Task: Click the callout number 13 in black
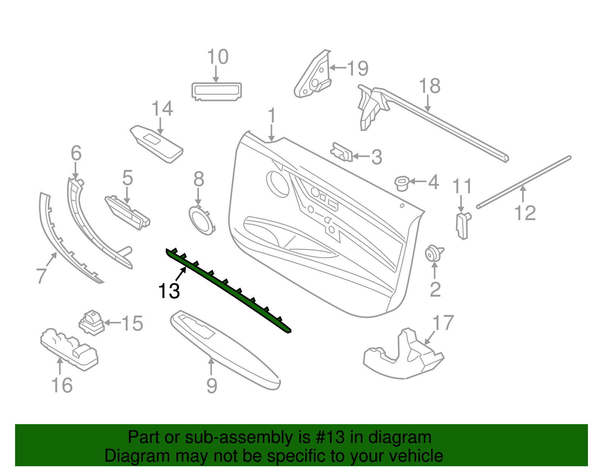pos(169,291)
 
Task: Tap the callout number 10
pos(217,57)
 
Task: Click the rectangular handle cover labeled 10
pos(216,91)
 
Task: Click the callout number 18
pos(429,86)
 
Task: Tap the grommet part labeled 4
pos(402,183)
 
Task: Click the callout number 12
pos(525,213)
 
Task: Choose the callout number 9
pos(212,386)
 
